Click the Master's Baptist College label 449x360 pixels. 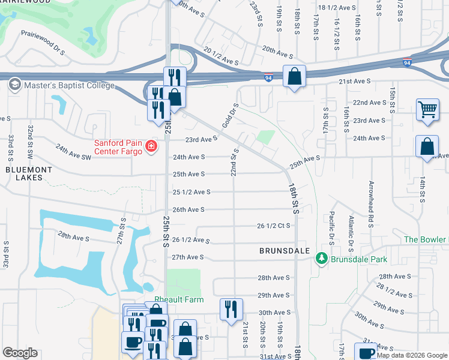(x=68, y=85)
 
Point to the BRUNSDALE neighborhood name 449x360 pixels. (x=284, y=250)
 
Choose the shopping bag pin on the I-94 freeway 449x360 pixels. (x=294, y=76)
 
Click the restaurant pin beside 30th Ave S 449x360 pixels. (x=231, y=309)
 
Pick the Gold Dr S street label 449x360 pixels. (x=231, y=115)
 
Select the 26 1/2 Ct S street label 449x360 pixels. (x=274, y=226)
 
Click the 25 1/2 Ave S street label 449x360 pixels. (x=191, y=192)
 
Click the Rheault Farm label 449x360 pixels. (x=179, y=299)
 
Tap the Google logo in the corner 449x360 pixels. (x=20, y=353)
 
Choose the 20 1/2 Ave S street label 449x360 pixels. (x=221, y=56)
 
